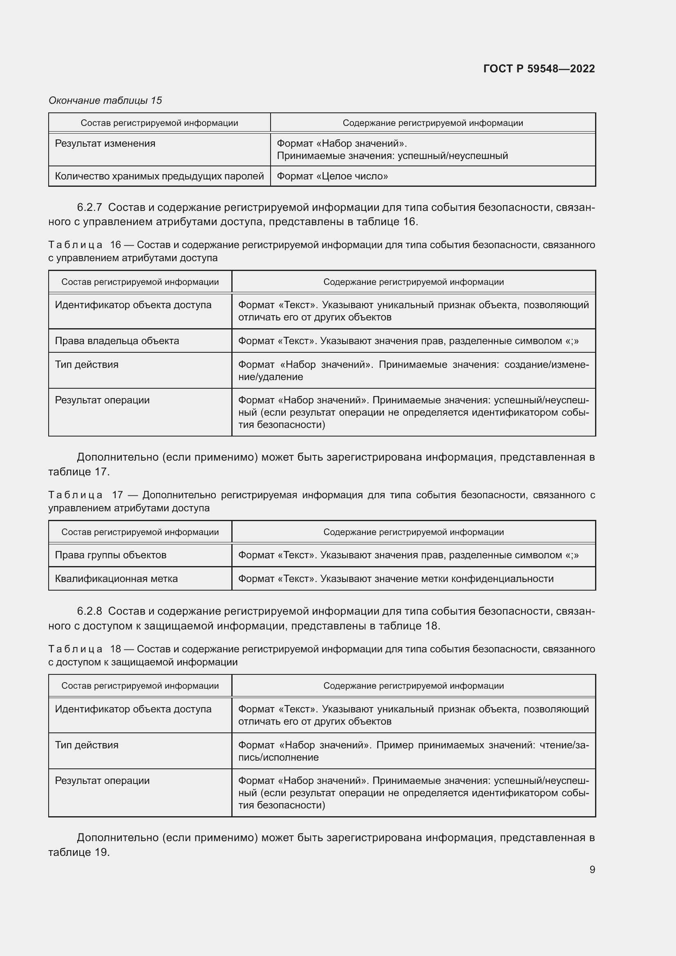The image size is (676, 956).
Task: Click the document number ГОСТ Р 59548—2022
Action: pyautogui.click(x=539, y=69)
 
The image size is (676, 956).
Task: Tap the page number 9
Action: pyautogui.click(x=592, y=869)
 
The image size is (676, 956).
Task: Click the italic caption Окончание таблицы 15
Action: pyautogui.click(x=105, y=101)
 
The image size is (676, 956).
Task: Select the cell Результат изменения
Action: pyautogui.click(x=105, y=143)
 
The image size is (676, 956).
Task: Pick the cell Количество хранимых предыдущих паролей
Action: pyautogui.click(x=159, y=176)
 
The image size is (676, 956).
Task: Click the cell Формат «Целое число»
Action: pyautogui.click(x=332, y=176)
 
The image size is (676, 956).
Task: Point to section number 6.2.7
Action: pyautogui.click(x=90, y=207)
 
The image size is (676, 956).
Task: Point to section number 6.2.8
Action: pyautogui.click(x=90, y=611)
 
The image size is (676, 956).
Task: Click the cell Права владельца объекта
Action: pyautogui.click(x=117, y=340)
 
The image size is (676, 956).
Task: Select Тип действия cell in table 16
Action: pyautogui.click(x=87, y=364)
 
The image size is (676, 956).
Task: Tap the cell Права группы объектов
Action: pyautogui.click(x=111, y=555)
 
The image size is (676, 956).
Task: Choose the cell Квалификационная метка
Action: pyautogui.click(x=116, y=578)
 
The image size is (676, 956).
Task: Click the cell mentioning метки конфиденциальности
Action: pyautogui.click(x=396, y=578)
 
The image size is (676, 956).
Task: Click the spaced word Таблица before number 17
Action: pyautogui.click(x=75, y=495)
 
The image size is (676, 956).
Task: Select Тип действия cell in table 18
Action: pyautogui.click(x=87, y=745)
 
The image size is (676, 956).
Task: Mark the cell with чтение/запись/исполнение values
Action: pyautogui.click(x=413, y=751)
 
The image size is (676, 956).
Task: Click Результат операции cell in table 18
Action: pyautogui.click(x=103, y=781)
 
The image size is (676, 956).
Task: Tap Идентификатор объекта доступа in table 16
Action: pyautogui.click(x=133, y=305)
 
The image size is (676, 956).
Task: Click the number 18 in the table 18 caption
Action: pyautogui.click(x=115, y=649)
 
